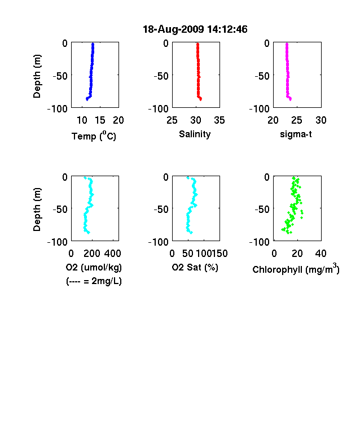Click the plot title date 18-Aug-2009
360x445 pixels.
173,29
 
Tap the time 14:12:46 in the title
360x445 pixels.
227,29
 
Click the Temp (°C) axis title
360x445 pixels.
94,136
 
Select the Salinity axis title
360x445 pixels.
195,134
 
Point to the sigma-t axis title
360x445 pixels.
296,134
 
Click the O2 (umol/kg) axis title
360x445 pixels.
94,267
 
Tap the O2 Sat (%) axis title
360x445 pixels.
195,267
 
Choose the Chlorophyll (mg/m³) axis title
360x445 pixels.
296,268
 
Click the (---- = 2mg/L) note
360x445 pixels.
94,281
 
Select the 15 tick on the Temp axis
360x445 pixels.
100,120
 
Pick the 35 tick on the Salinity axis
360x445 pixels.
219,120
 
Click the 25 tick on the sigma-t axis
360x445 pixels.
297,120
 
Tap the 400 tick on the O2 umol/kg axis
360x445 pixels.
113,254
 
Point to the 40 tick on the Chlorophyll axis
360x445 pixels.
321,254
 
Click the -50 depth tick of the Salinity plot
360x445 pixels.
161,76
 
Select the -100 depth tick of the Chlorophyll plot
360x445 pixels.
260,242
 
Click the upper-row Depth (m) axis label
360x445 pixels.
37,76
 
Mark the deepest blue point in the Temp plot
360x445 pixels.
87,99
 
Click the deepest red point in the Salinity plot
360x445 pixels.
200,99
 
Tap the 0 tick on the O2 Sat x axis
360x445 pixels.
172,254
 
